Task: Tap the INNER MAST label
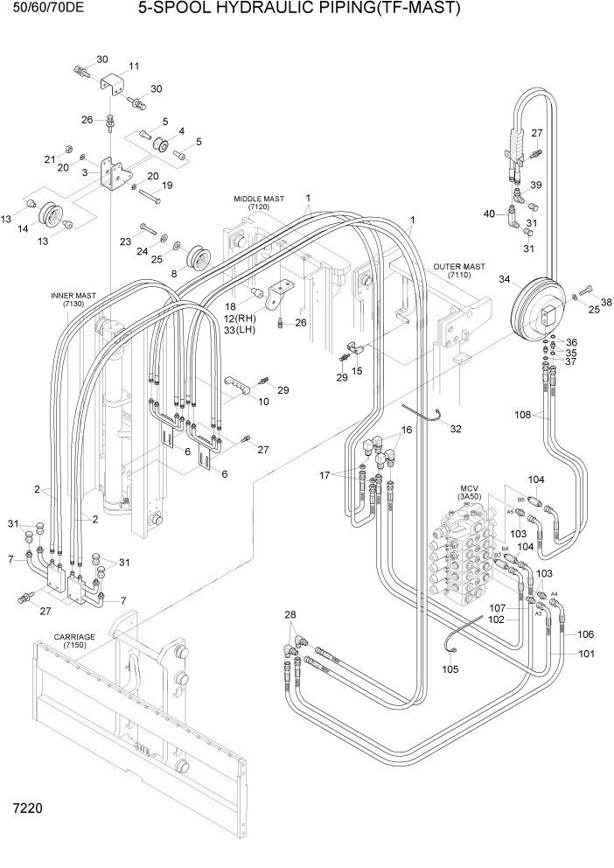click(73, 296)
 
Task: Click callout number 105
click(450, 670)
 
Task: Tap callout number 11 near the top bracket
click(134, 66)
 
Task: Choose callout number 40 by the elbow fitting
click(490, 213)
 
